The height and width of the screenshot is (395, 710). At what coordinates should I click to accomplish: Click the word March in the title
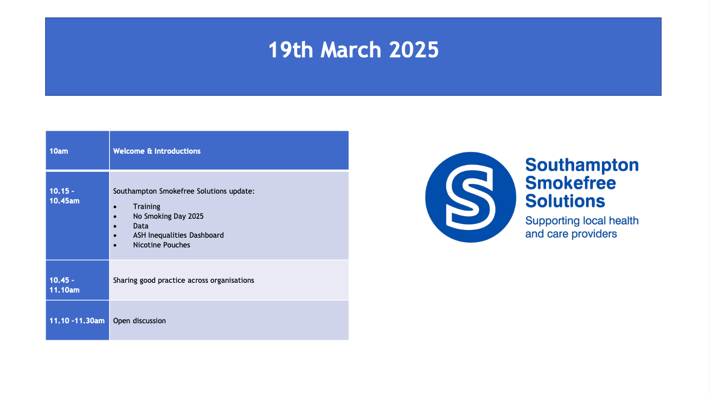pyautogui.click(x=350, y=50)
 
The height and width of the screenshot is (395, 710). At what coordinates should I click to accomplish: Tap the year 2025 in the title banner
pyautogui.click(x=413, y=50)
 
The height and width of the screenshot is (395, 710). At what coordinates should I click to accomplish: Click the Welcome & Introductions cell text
pyautogui.click(x=157, y=151)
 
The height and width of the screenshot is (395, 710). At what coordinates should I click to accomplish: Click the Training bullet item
pyautogui.click(x=147, y=206)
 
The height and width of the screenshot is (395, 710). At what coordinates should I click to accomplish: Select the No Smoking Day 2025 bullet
pyautogui.click(x=168, y=216)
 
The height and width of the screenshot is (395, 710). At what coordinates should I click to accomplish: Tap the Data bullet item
pyautogui.click(x=140, y=226)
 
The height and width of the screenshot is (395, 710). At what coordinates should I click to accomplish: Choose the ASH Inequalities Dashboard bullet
pyautogui.click(x=178, y=235)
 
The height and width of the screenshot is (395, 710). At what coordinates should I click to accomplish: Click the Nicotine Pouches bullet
pyautogui.click(x=161, y=245)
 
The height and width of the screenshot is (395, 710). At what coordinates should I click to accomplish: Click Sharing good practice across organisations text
pyautogui.click(x=183, y=281)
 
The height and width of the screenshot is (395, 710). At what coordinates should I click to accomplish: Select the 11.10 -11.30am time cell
pyautogui.click(x=77, y=321)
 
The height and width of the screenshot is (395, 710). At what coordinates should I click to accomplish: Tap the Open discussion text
pyautogui.click(x=139, y=321)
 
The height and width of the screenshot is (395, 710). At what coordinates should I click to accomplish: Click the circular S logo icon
pyautogui.click(x=471, y=197)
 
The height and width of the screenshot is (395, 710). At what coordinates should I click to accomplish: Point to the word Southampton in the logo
pyautogui.click(x=582, y=165)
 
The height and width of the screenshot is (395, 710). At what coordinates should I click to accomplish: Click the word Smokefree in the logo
pyautogui.click(x=571, y=183)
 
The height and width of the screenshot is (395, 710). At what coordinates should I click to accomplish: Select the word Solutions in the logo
pyautogui.click(x=565, y=201)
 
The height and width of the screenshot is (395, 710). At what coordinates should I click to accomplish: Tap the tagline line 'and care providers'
pyautogui.click(x=571, y=234)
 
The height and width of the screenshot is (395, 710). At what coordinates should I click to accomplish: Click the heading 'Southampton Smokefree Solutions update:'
pyautogui.click(x=183, y=191)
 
